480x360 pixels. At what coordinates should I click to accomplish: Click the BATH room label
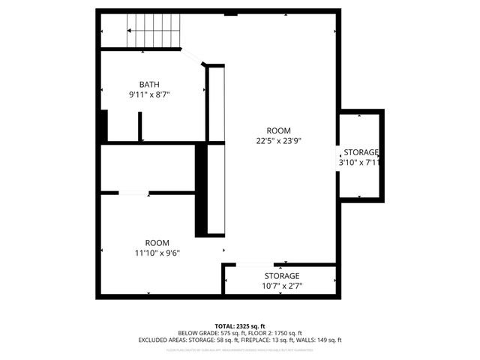tap(149, 84)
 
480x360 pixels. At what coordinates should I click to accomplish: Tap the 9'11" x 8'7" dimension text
tap(149, 94)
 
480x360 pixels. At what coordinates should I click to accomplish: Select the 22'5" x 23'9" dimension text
tap(279, 140)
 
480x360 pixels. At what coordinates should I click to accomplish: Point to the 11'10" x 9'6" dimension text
tap(157, 253)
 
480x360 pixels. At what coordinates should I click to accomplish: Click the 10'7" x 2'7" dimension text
tap(281, 286)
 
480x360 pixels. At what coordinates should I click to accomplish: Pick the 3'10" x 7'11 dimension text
tap(359, 162)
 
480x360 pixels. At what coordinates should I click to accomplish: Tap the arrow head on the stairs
tap(130, 31)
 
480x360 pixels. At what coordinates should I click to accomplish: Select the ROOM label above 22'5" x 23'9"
tap(279, 130)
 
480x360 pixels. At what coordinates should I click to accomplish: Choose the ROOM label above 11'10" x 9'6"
tap(157, 242)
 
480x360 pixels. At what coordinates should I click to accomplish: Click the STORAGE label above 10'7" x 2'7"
tap(281, 275)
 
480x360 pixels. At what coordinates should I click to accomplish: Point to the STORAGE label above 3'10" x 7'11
tap(361, 151)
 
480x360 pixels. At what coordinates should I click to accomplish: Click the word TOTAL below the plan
tap(224, 326)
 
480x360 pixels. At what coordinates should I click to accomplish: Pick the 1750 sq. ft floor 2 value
tap(288, 333)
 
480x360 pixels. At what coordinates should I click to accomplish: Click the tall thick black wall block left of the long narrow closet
tap(201, 190)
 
